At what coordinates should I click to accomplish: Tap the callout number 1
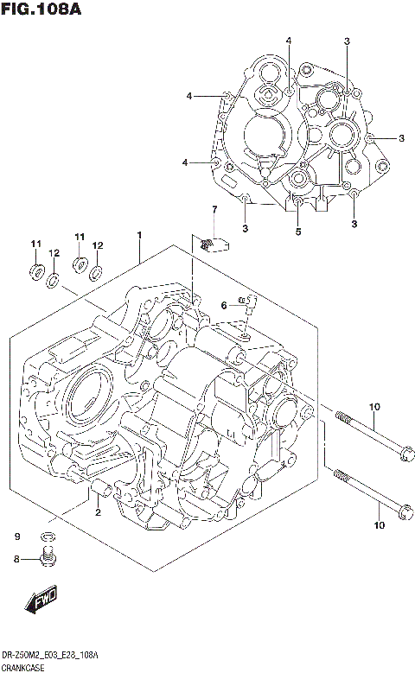point(138,235)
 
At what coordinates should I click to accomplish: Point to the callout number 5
point(297,231)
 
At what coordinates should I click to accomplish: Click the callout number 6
point(223,305)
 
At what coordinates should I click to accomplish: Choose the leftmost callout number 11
point(36,244)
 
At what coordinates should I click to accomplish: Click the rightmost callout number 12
point(97,245)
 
